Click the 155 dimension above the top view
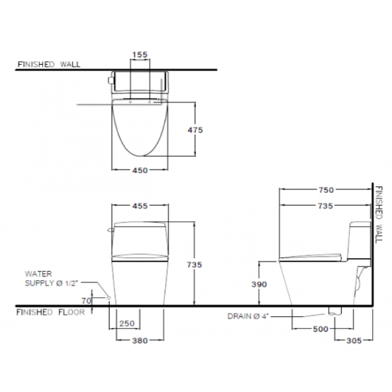(140, 54)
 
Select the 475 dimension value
(195, 130)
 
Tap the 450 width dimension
(140, 171)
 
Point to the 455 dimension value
(140, 206)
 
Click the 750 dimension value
(326, 190)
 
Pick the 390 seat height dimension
(259, 284)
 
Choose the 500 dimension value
(321, 329)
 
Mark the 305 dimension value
(354, 340)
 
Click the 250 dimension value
(127, 323)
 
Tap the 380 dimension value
(140, 340)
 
